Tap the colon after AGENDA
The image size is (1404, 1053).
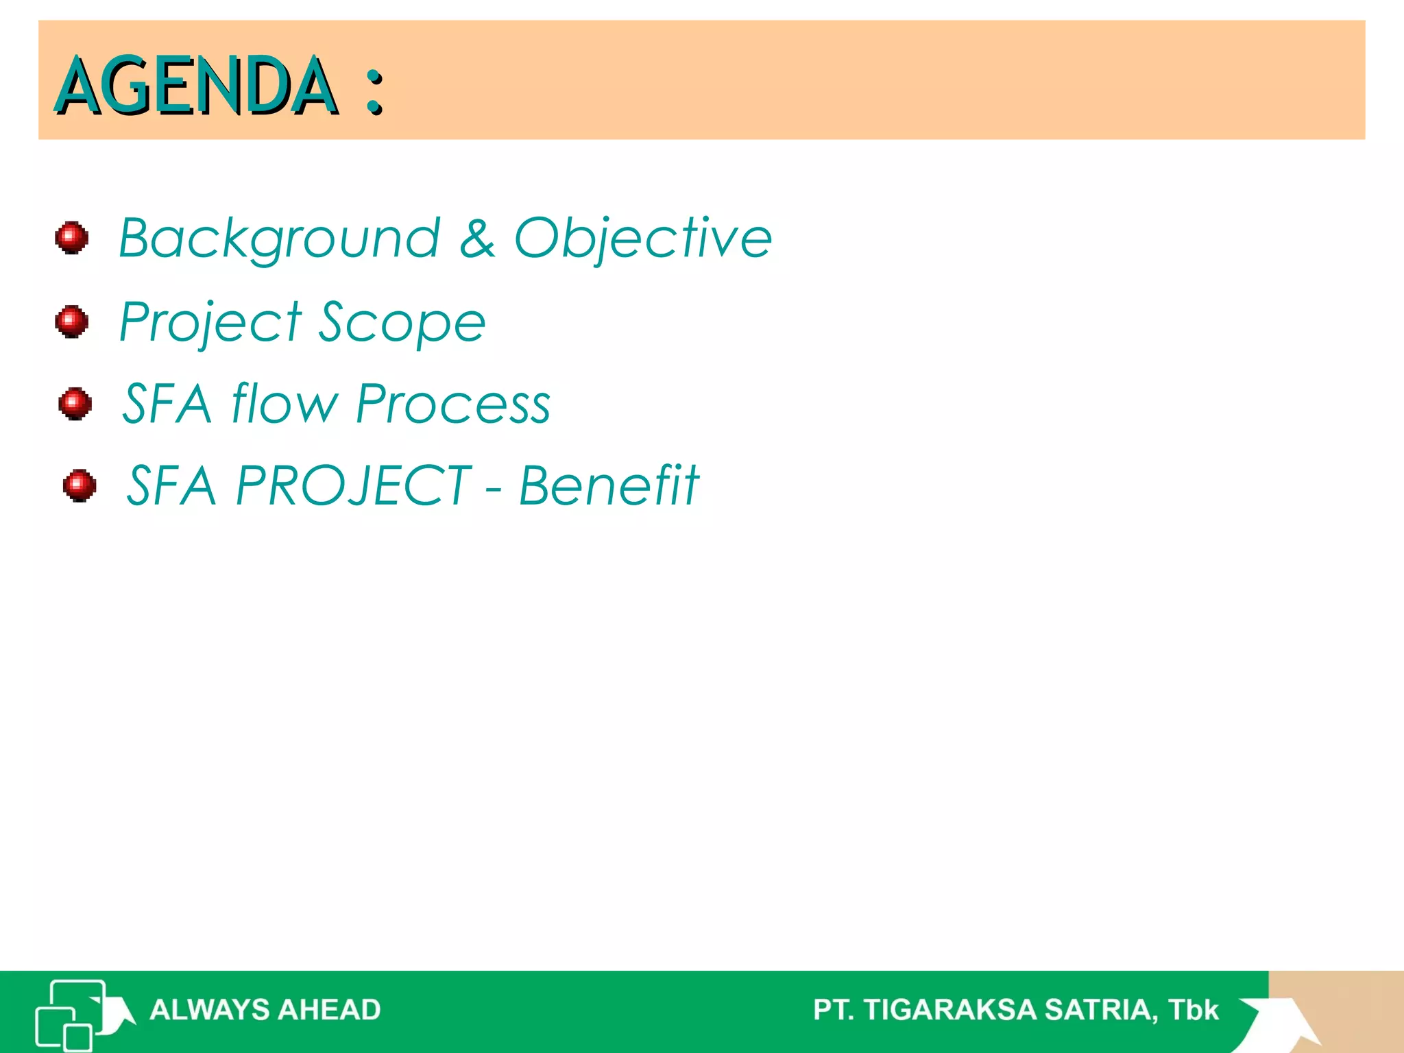(x=374, y=91)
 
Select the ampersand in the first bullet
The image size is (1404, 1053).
(x=477, y=239)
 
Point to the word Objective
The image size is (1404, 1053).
(x=643, y=238)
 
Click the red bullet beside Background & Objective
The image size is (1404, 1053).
(x=72, y=238)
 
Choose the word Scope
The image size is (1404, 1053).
(x=402, y=322)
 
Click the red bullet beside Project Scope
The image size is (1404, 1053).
(x=72, y=322)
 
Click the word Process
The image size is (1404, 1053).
(x=453, y=404)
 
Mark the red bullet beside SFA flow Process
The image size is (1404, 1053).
(x=75, y=403)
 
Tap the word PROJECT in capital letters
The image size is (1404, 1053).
(x=354, y=485)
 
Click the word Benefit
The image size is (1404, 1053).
(x=609, y=485)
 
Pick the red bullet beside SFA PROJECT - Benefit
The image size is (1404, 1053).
(x=80, y=485)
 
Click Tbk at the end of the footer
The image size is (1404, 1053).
(x=1194, y=1010)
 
